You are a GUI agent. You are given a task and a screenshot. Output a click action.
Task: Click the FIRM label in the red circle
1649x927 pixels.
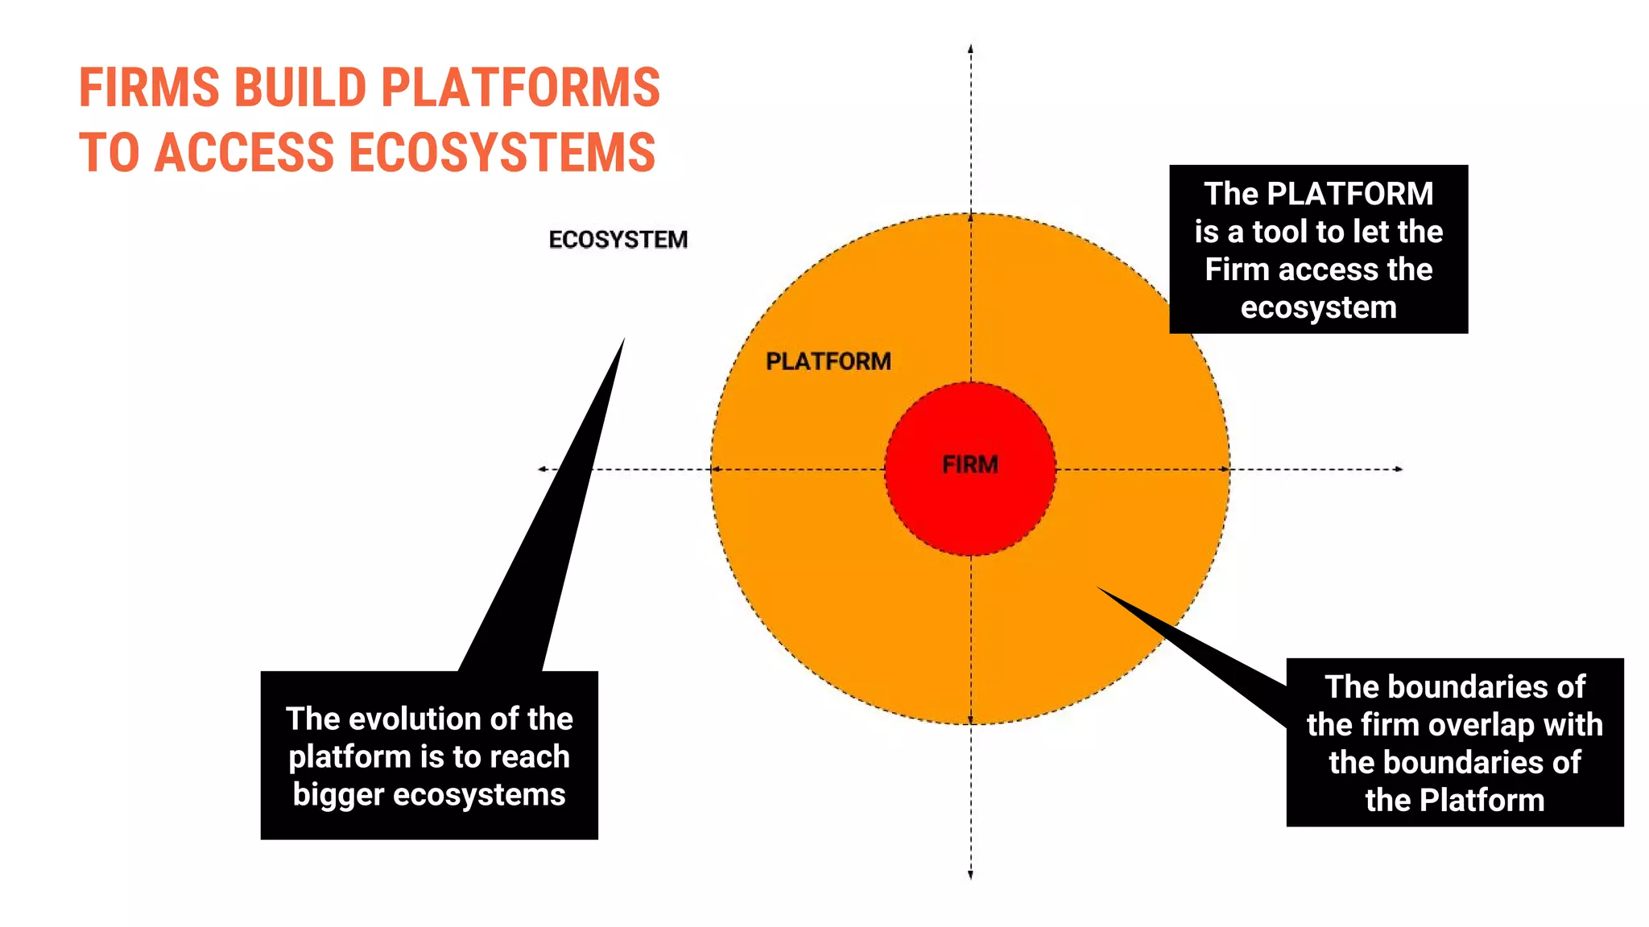[970, 464]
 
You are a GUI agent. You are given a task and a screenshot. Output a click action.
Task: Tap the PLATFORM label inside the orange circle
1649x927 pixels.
[829, 361]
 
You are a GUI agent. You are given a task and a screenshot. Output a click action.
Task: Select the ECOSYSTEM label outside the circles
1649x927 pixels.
[618, 240]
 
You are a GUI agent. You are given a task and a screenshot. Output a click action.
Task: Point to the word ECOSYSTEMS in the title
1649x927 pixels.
[503, 153]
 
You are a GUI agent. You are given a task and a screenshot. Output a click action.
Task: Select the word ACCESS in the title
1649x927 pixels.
[244, 153]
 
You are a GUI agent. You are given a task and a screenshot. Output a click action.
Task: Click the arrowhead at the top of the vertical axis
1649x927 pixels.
[970, 48]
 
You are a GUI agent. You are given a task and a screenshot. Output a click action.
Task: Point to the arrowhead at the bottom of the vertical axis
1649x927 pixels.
[970, 875]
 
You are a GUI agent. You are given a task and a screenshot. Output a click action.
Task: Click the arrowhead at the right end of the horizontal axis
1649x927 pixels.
[1399, 468]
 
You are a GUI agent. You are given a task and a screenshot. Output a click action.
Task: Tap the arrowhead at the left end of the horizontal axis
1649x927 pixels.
[542, 468]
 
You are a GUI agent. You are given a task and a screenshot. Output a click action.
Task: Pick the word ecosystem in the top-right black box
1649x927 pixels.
[1319, 307]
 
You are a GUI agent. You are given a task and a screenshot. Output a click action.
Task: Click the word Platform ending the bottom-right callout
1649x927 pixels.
[1482, 801]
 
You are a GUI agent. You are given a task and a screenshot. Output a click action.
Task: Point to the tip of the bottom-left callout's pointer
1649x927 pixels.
[624, 340]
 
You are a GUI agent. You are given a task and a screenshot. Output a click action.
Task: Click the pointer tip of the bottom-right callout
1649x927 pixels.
[1098, 587]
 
